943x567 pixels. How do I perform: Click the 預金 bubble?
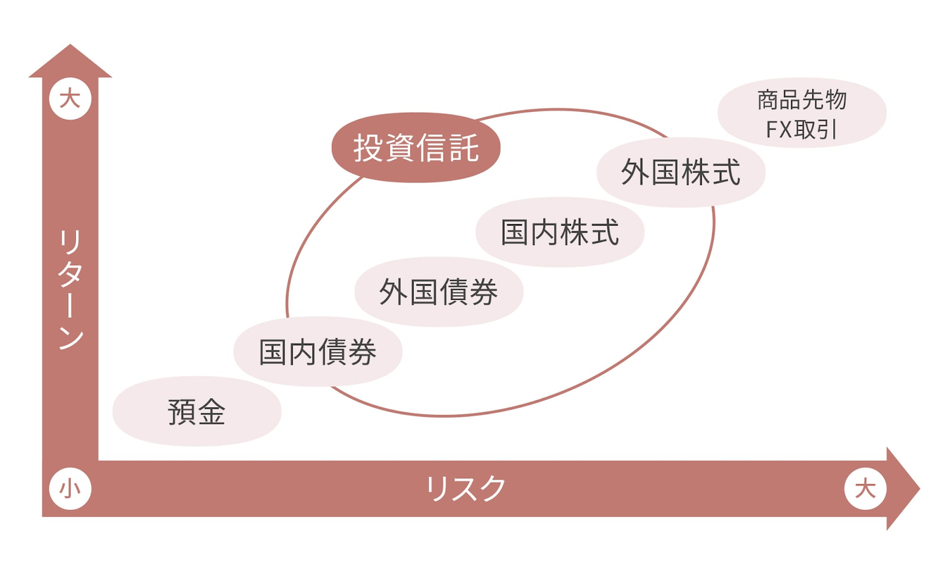coord(196,411)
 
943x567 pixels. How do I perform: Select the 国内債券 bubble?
coord(318,352)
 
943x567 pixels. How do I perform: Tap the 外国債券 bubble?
coord(439,291)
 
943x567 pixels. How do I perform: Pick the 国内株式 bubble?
coord(560,232)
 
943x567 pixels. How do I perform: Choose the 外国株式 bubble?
coord(681,172)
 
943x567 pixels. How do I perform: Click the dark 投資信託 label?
coord(416,147)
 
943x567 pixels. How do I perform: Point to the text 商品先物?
coord(802,100)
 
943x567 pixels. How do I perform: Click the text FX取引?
coord(802,130)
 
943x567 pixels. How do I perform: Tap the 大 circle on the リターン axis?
coord(70,99)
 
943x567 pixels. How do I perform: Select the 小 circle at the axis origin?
coord(70,488)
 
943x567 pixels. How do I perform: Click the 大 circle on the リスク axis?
coord(865,488)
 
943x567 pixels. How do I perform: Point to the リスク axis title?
coord(466,488)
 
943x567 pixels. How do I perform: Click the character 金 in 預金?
coord(212,412)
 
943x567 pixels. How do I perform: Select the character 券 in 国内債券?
coord(362,352)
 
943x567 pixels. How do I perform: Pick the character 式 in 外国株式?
coord(726,172)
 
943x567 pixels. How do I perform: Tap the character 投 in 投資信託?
coord(368,147)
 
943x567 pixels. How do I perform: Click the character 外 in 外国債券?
coord(394,291)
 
